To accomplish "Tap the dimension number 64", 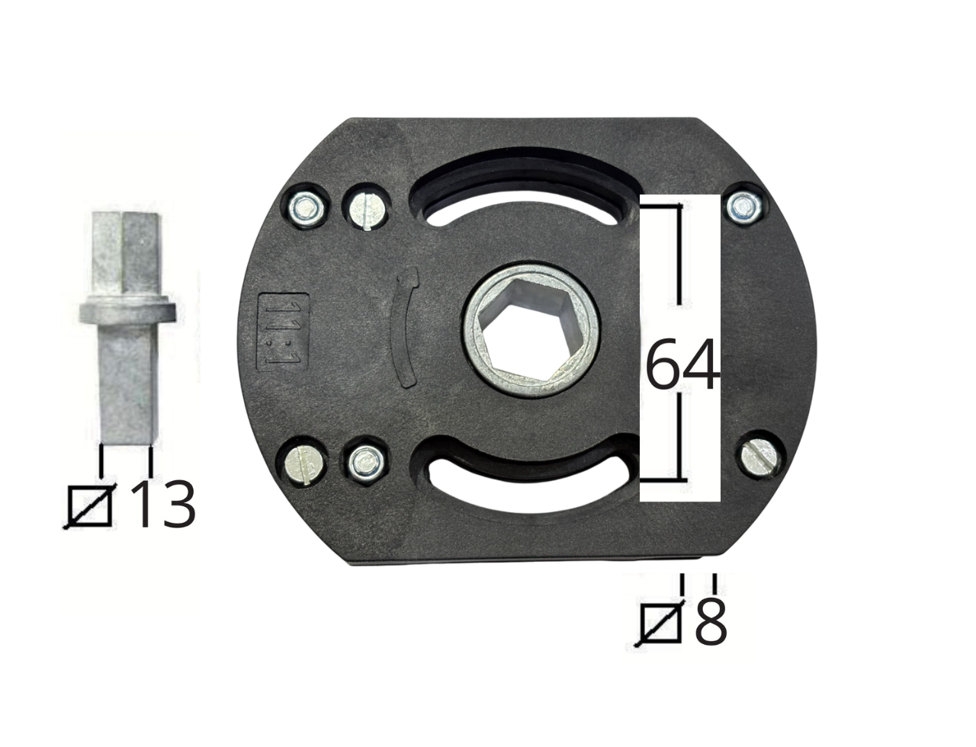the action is (x=682, y=364).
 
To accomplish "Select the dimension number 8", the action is (x=711, y=621).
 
